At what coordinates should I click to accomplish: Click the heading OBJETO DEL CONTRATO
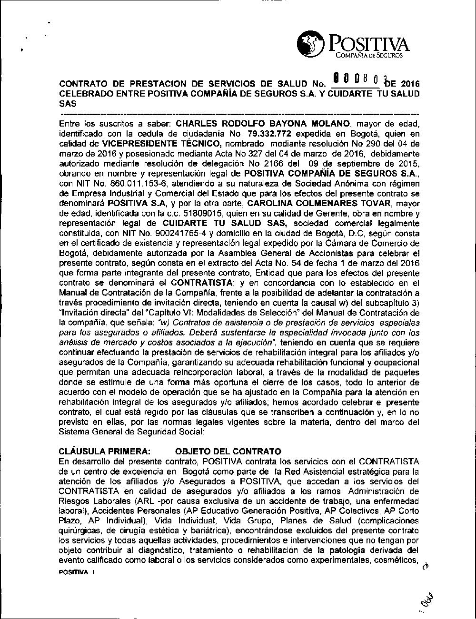tap(228, 451)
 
